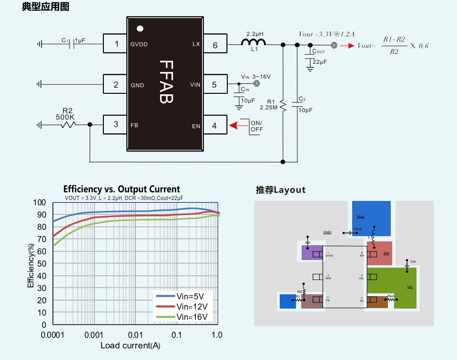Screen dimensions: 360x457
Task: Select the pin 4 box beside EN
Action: tap(214, 126)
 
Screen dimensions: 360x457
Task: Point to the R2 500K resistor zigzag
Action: tap(68, 125)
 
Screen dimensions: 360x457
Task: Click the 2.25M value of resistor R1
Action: tap(269, 108)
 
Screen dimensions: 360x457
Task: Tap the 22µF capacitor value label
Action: tap(320, 62)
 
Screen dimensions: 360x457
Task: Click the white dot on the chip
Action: tap(140, 29)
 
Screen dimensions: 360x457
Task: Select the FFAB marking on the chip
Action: tap(166, 81)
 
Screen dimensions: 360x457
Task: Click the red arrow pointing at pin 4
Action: tap(234, 126)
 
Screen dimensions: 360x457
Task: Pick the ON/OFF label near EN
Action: tap(256, 127)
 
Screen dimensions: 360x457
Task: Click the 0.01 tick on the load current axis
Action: tap(135, 335)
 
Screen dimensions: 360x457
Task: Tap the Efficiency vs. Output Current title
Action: tap(122, 189)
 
